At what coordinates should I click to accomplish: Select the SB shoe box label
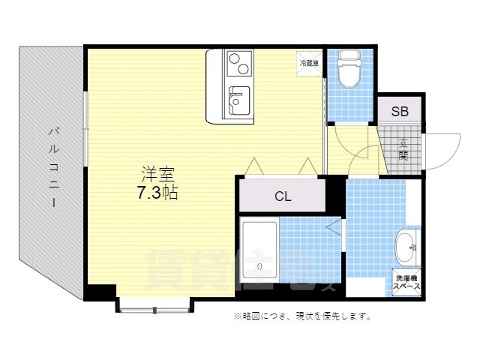click(399, 112)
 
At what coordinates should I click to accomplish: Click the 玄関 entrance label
click(403, 149)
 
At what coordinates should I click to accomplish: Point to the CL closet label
click(282, 197)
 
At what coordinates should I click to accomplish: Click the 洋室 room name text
click(157, 172)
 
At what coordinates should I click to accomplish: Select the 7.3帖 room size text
click(157, 192)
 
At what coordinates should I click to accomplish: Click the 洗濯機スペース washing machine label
click(407, 283)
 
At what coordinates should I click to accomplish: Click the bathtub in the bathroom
click(259, 253)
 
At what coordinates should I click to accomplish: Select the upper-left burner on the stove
click(232, 58)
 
